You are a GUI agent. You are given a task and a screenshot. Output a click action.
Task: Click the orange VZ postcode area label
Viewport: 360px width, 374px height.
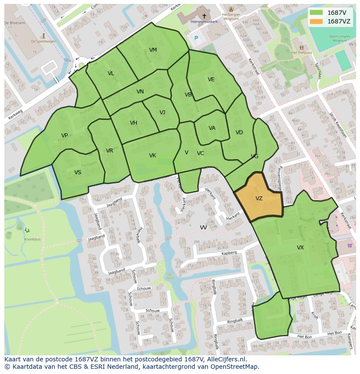point(259,199)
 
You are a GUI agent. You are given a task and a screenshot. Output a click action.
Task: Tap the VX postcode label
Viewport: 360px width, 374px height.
point(300,248)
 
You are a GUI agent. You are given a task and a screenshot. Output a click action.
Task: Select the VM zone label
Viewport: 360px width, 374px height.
point(153,50)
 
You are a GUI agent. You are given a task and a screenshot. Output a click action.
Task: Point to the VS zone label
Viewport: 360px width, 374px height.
point(77,172)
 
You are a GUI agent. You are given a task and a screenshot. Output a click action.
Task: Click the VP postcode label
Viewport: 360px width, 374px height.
point(64,136)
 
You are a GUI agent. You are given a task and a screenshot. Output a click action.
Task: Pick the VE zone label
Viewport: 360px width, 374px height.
point(211,79)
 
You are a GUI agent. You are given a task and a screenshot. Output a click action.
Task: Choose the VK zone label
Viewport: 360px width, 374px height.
point(152,156)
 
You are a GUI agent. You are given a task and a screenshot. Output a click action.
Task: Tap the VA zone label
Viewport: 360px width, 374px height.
point(212,128)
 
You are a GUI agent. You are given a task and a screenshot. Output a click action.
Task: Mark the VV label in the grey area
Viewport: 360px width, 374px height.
point(203,228)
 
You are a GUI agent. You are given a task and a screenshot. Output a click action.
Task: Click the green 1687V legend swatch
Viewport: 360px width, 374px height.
point(317,13)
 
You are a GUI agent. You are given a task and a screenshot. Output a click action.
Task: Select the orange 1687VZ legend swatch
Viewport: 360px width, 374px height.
point(317,21)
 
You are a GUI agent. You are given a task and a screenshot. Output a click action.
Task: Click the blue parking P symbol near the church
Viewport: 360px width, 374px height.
point(196,38)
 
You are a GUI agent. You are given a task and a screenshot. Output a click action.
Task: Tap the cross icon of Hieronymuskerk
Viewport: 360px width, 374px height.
point(204,16)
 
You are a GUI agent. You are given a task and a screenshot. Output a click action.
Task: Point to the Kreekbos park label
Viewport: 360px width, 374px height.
point(32,239)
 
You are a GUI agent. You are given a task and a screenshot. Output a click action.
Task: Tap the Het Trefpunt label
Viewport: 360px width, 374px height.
point(301,53)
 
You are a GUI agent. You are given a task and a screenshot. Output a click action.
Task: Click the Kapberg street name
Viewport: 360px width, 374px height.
point(229,253)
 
